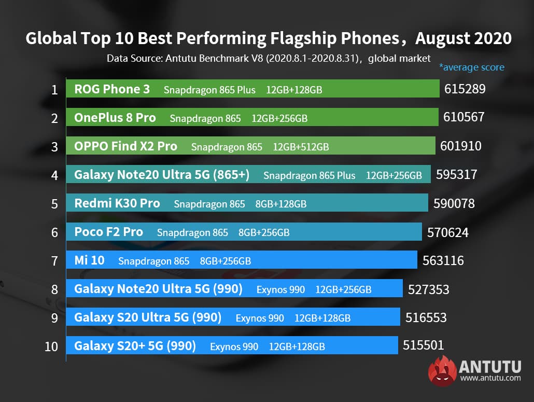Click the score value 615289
465,89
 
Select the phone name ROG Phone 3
112,89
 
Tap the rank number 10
51,346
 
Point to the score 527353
429,289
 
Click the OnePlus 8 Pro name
115,118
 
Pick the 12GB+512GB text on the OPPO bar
301,147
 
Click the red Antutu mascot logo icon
442,371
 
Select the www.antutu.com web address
490,378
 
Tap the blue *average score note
471,67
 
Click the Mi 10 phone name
89,260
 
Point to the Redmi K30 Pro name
117,203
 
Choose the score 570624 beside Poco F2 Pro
448,232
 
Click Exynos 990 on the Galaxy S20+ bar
234,346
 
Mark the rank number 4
54,175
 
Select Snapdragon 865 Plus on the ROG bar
209,90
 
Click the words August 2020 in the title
463,38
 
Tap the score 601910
461,146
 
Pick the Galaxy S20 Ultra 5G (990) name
148,317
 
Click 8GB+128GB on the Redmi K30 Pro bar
280,204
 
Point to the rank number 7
54,260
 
